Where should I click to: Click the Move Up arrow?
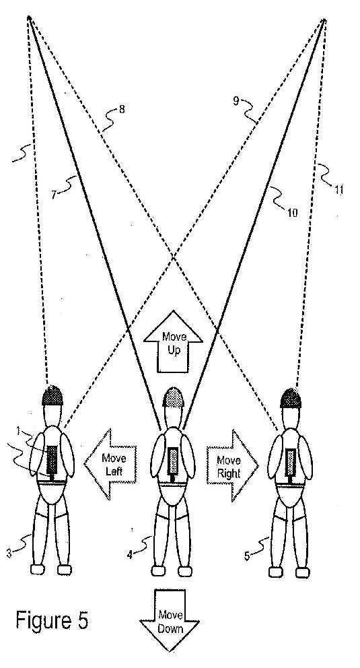click(173, 341)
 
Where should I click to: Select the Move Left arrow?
click(110, 465)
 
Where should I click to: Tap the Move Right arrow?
click(232, 465)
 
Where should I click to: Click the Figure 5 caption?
click(52, 620)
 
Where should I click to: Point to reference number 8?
click(122, 110)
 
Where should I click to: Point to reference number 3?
click(9, 553)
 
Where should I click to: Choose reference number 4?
click(129, 555)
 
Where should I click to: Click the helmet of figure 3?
click(52, 395)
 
